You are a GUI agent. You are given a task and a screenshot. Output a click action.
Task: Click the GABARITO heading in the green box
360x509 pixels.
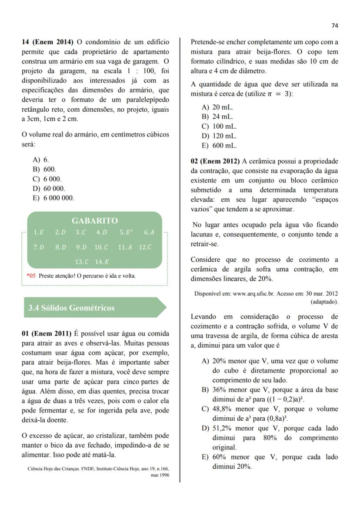point(94,221)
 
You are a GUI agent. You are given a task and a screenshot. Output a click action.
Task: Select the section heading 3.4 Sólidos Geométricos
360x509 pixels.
point(71,308)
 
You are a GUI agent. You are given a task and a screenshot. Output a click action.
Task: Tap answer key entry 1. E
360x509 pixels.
point(39,233)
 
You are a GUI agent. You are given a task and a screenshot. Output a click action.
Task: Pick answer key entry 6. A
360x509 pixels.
point(149,233)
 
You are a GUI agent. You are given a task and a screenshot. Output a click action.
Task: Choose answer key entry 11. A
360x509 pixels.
point(125,247)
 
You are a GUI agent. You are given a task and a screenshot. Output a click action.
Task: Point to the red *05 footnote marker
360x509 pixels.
point(31,276)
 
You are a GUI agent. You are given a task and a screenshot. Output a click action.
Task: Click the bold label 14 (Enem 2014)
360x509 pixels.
point(48,42)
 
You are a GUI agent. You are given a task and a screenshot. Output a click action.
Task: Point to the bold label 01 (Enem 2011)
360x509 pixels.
point(46,333)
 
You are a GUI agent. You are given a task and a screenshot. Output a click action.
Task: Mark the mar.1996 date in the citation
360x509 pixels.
point(160,476)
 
